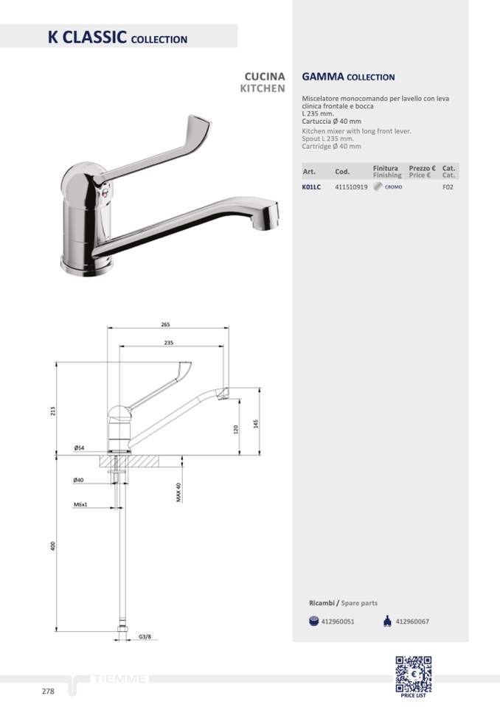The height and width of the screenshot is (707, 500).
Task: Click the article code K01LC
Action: click(x=311, y=187)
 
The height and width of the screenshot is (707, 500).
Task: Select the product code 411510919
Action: click(x=351, y=187)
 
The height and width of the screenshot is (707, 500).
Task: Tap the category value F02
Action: click(x=448, y=187)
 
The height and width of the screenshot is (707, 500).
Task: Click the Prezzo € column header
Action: click(x=422, y=168)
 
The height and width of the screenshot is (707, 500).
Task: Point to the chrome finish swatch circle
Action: click(x=378, y=187)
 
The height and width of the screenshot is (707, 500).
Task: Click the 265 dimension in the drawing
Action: click(x=166, y=324)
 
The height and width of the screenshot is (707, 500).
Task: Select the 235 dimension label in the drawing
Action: click(x=169, y=343)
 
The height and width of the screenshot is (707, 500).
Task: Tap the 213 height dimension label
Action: click(x=53, y=411)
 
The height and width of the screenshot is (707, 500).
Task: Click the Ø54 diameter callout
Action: click(x=79, y=447)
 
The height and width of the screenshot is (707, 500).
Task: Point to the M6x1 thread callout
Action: click(x=80, y=504)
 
